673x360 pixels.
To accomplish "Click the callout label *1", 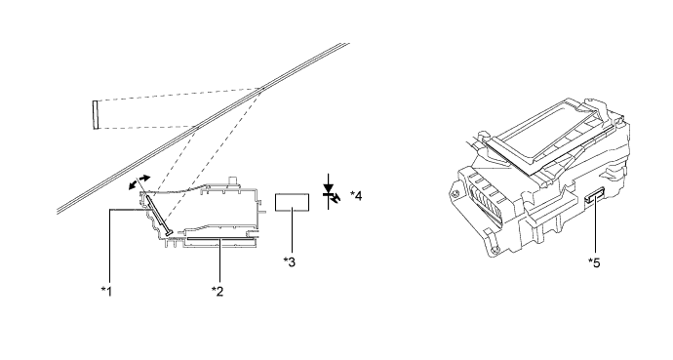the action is pyautogui.click(x=106, y=292).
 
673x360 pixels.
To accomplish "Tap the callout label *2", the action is pyautogui.click(x=218, y=292).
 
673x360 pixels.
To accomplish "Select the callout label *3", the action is pyautogui.click(x=290, y=261).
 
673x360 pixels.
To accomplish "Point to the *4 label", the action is pyautogui.click(x=356, y=196).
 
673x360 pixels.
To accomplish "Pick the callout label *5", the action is pyautogui.click(x=594, y=262).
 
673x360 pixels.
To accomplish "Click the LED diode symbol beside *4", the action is pyautogui.click(x=330, y=192).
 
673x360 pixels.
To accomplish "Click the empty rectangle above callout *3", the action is pyautogui.click(x=292, y=202).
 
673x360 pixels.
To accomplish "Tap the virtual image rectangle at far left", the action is pyautogui.click(x=96, y=114).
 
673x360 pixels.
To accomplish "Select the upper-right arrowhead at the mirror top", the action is pyautogui.click(x=145, y=178).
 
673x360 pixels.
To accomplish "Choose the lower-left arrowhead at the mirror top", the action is pyautogui.click(x=133, y=185).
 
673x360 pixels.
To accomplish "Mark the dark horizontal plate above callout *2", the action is pyautogui.click(x=218, y=239).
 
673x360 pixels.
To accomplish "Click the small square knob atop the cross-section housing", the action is pyautogui.click(x=233, y=180).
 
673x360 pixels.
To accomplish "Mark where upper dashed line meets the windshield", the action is pyautogui.click(x=260, y=89).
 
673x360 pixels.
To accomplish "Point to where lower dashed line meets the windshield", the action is pyautogui.click(x=196, y=126).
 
